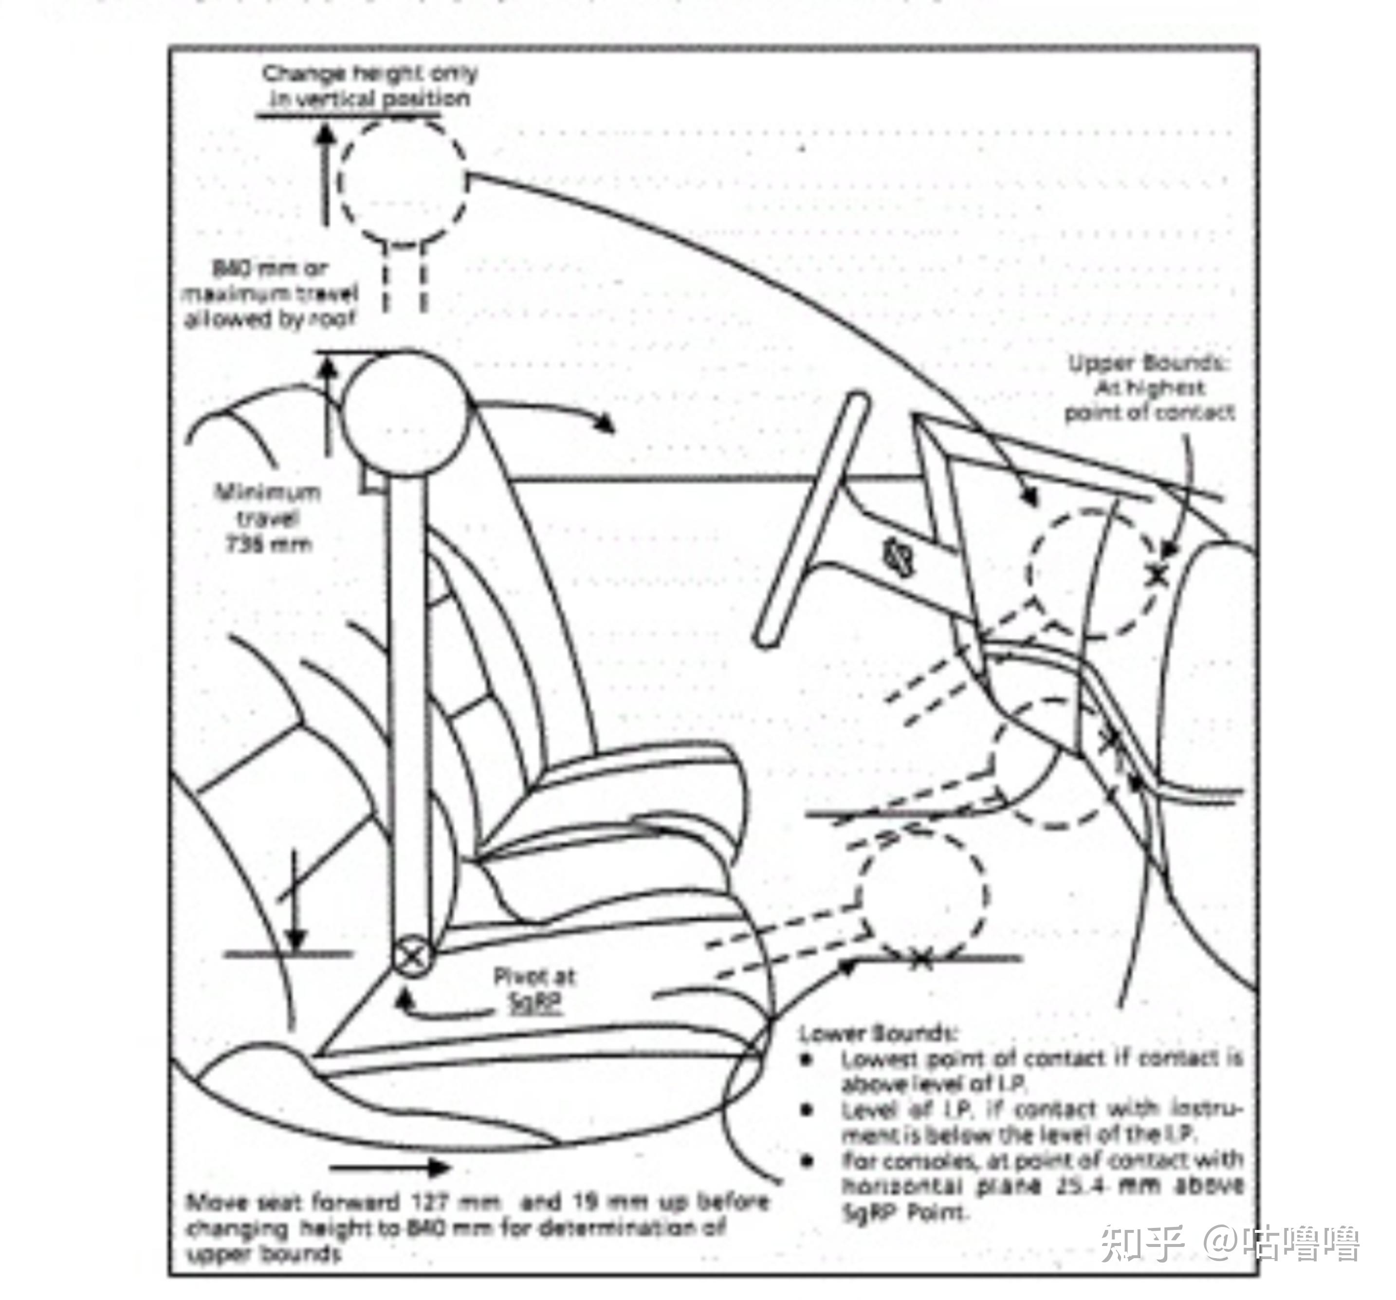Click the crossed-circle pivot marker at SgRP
point(411,956)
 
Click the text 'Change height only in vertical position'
point(370,86)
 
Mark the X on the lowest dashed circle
point(920,959)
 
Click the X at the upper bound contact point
point(1157,575)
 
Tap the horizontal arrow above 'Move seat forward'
point(390,1168)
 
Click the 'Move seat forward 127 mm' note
point(478,1227)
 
